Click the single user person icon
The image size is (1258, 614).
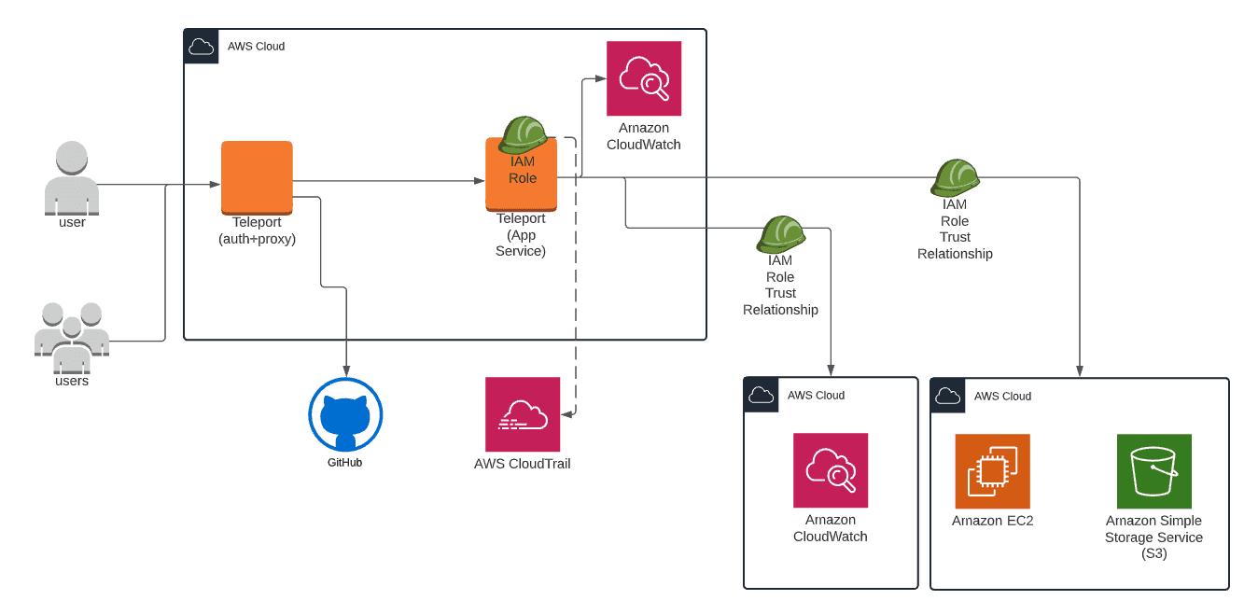click(x=72, y=178)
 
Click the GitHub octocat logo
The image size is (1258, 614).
click(x=345, y=415)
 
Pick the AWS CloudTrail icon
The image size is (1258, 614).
click(x=523, y=414)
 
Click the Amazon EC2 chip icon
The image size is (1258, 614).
click(x=992, y=471)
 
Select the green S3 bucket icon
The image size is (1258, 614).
click(x=1153, y=471)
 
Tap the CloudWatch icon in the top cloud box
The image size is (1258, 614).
click(x=644, y=78)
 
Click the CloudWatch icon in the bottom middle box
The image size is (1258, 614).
click(x=831, y=470)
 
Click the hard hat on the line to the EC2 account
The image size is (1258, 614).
click(x=955, y=177)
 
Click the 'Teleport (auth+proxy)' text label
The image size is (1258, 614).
click(x=257, y=230)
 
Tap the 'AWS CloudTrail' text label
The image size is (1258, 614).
click(x=523, y=464)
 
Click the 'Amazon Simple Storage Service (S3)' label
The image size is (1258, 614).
click(x=1153, y=537)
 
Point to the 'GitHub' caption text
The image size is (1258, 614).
click(x=344, y=462)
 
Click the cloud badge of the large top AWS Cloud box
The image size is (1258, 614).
click(x=202, y=47)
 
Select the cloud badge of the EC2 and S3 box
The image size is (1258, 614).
click(x=948, y=396)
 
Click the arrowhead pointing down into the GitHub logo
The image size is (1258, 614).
click(x=346, y=372)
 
